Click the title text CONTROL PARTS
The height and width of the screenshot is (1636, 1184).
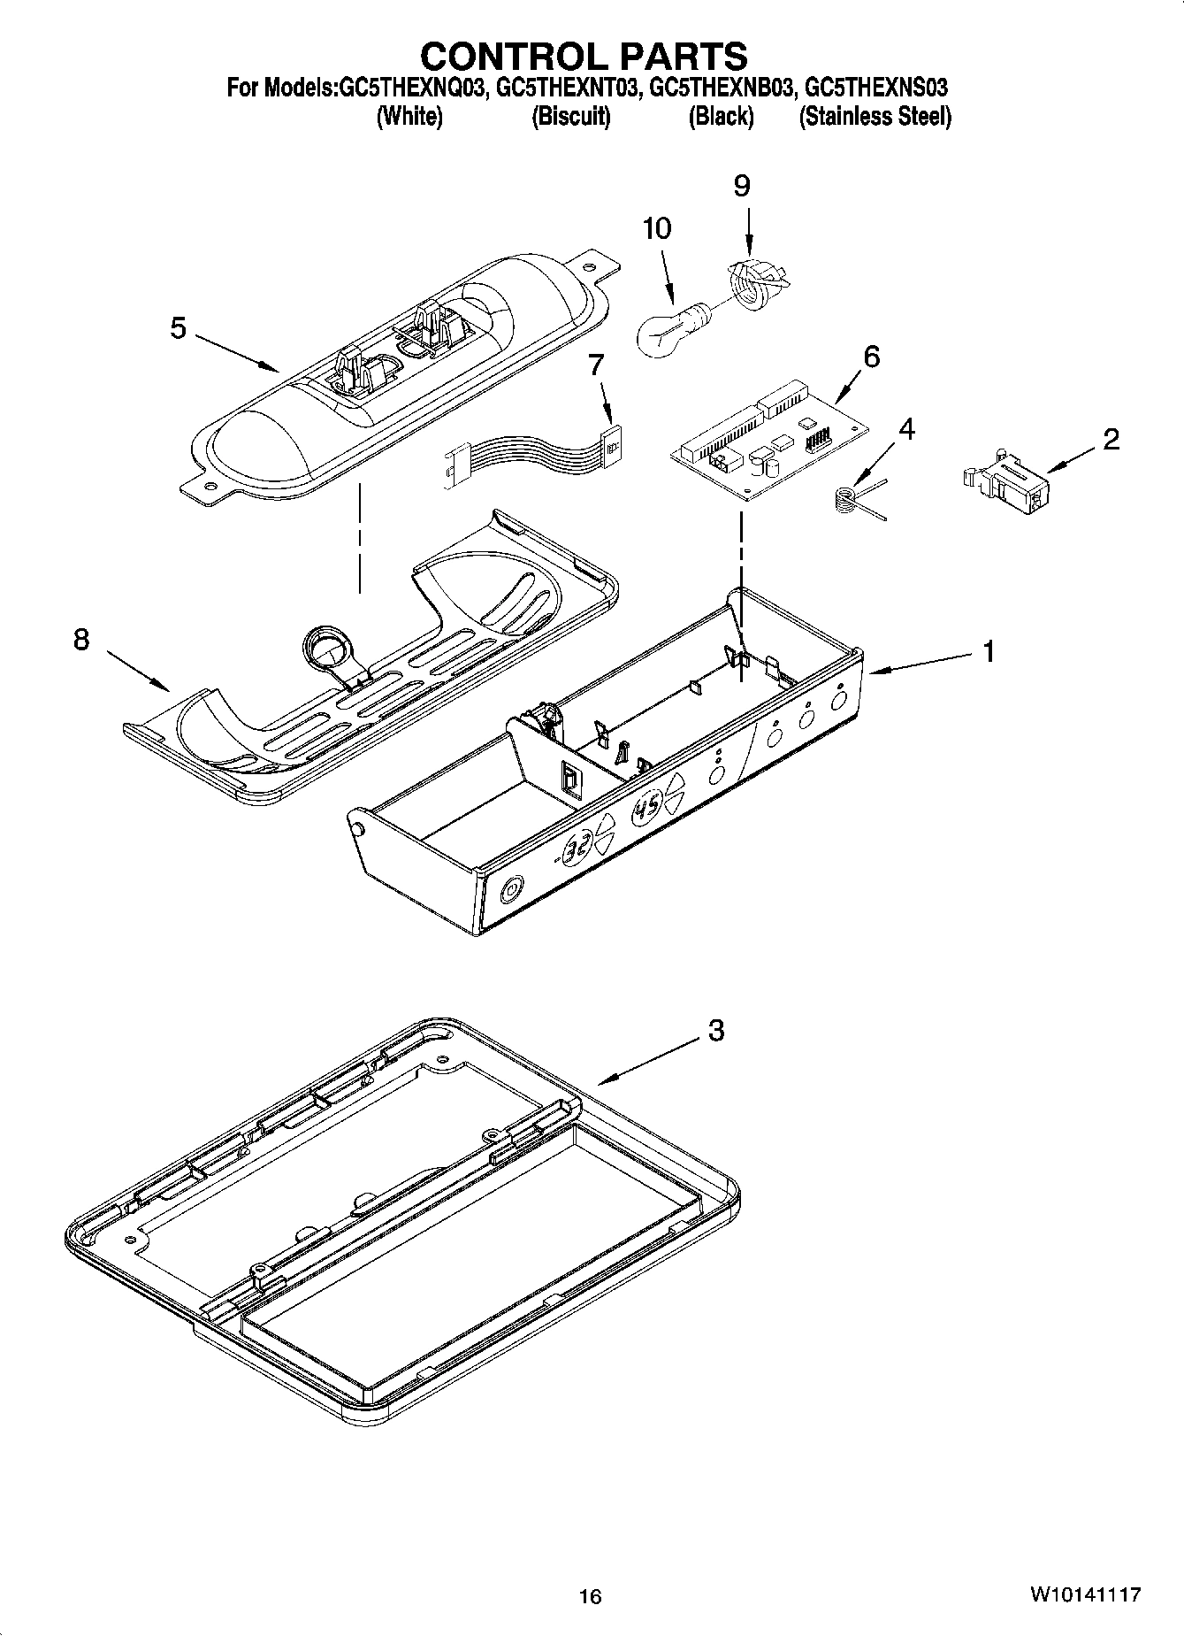584,56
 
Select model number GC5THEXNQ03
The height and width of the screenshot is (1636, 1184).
411,88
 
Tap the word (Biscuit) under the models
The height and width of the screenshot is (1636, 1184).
571,116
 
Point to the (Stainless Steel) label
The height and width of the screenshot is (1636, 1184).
875,116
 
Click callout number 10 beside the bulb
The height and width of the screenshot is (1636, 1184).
656,228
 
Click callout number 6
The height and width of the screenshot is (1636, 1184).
871,357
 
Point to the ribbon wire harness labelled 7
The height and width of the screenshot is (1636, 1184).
531,457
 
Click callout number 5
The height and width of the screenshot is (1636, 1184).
178,329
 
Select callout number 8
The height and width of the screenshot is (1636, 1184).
80,640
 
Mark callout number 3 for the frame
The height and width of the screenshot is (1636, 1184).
716,1030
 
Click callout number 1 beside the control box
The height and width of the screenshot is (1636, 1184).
989,652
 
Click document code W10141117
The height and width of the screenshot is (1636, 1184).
1084,1594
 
